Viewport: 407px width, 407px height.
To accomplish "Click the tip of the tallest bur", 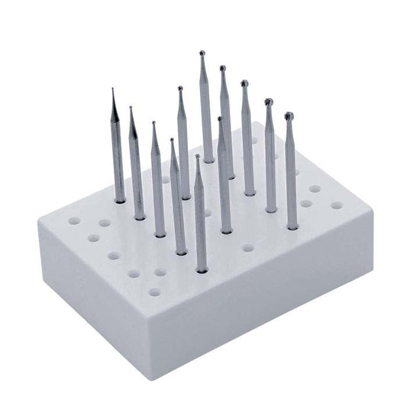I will click(x=202, y=53).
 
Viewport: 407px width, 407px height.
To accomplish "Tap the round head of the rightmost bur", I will click(x=289, y=116).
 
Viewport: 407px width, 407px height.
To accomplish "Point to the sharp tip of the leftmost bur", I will click(x=112, y=90).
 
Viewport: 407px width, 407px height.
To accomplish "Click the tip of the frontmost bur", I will click(x=198, y=157).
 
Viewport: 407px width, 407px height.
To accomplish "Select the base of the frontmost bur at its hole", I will click(x=202, y=269).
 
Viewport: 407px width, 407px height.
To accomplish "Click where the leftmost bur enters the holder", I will click(x=120, y=200).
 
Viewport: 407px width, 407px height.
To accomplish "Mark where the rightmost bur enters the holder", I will click(x=292, y=227).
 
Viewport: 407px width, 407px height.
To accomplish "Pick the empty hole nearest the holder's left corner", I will click(x=74, y=221).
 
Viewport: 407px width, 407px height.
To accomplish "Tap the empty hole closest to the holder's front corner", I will click(x=155, y=292).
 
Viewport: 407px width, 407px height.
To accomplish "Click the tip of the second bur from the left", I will click(x=131, y=108).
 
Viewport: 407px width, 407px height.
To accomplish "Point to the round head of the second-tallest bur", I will click(x=223, y=69).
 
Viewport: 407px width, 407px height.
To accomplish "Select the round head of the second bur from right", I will click(x=268, y=101).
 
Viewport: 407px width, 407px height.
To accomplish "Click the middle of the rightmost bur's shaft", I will click(x=290, y=172).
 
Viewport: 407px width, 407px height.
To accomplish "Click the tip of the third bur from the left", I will click(x=153, y=124).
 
